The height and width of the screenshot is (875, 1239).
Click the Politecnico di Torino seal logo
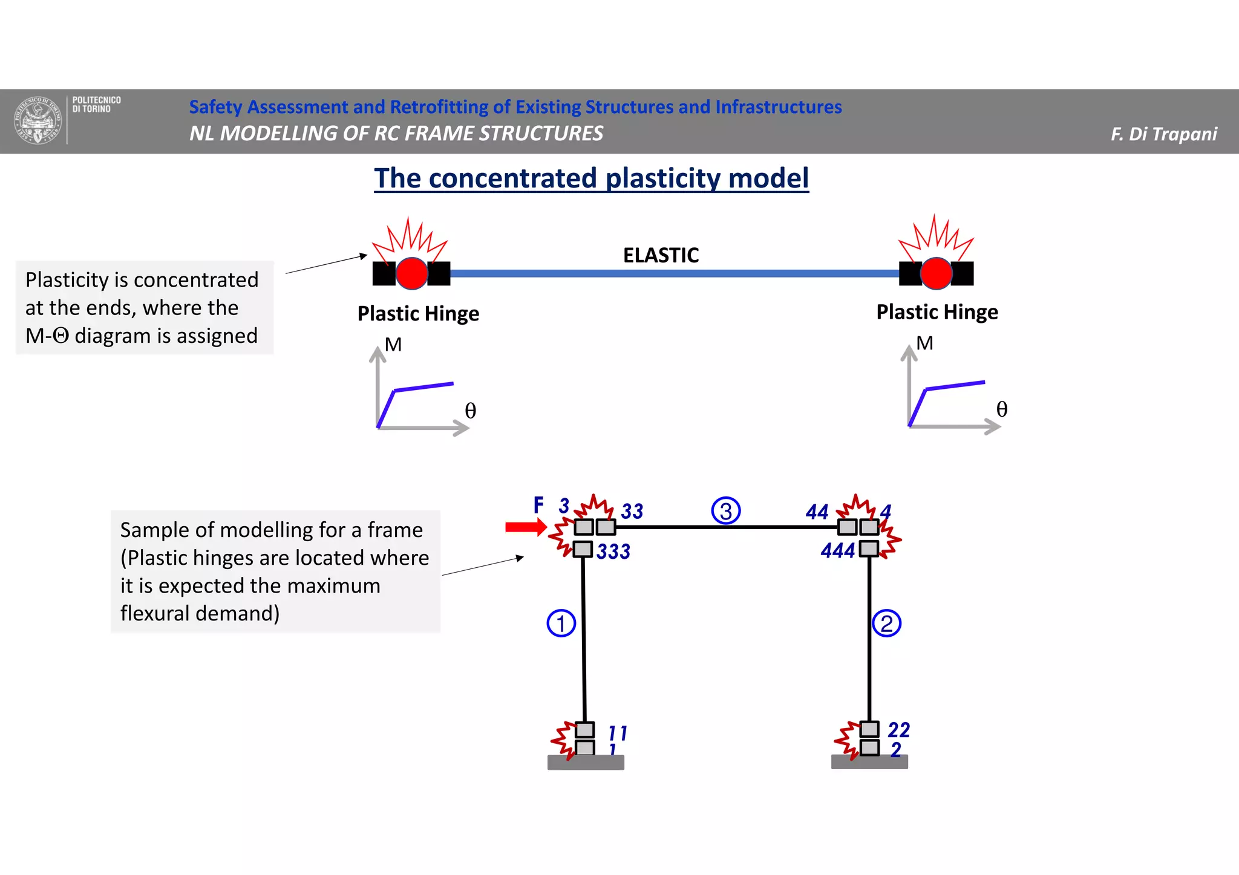[38, 120]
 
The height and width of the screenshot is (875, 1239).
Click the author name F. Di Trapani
[1163, 134]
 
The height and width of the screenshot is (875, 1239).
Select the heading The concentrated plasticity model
[591, 178]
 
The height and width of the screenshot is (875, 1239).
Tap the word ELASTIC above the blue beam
[661, 255]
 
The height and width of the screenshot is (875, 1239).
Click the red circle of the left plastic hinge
[411, 273]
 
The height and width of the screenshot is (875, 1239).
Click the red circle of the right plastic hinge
[936, 273]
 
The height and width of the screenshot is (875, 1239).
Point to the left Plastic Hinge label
[418, 314]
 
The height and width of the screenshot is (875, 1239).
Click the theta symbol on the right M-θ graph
[1001, 409]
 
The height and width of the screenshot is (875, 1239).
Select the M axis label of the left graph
[393, 345]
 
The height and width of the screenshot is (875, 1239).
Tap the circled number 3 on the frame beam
[725, 511]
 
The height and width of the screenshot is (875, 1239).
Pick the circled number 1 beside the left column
[561, 623]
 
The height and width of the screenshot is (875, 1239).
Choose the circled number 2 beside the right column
[886, 623]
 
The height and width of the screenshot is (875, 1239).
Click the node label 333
[613, 551]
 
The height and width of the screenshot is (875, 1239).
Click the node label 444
[837, 550]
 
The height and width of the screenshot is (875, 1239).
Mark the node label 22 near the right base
[898, 730]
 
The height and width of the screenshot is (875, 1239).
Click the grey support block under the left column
[585, 763]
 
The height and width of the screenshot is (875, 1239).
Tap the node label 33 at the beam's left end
[632, 512]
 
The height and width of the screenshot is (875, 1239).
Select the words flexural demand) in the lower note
[200, 613]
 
